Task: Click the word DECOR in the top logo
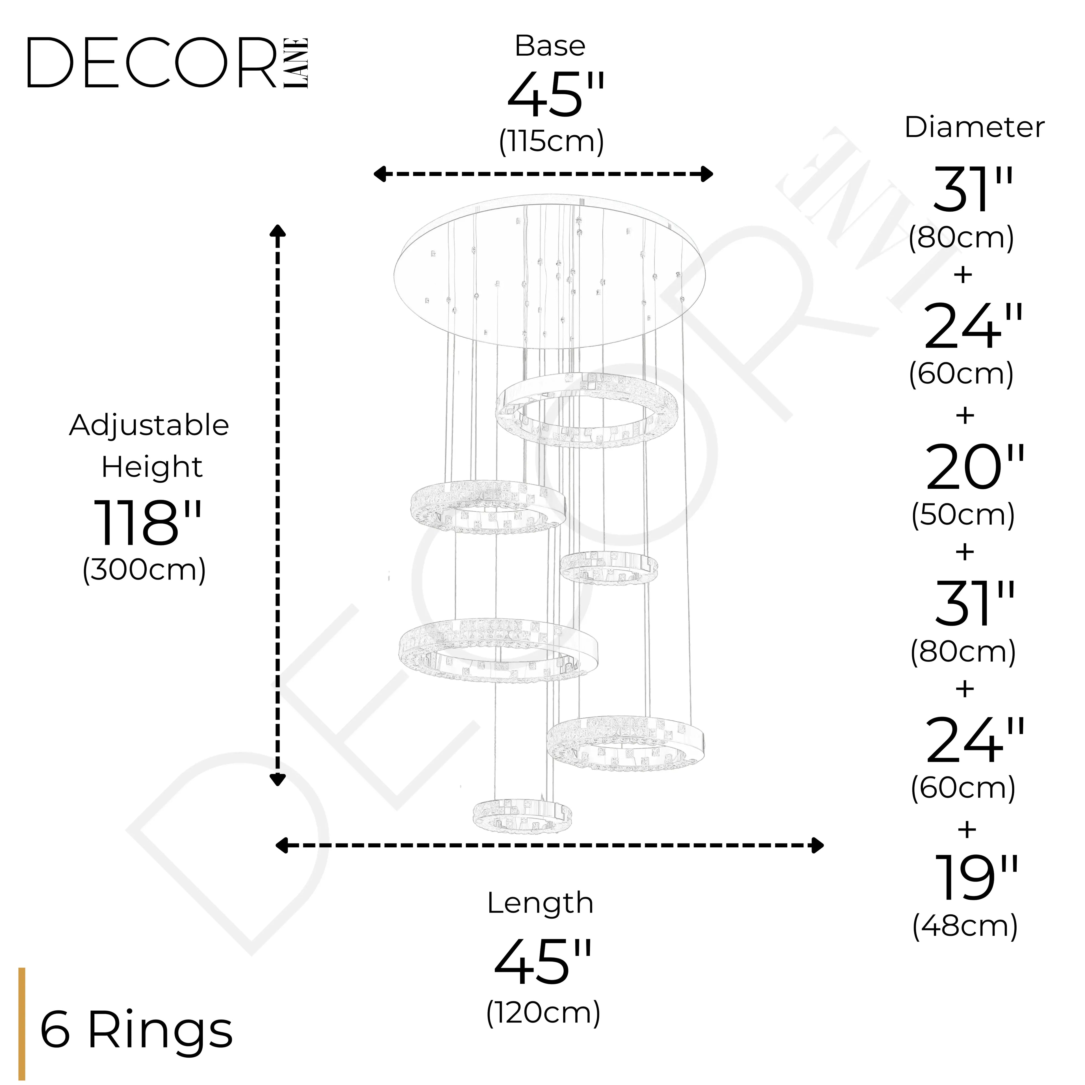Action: (x=152, y=63)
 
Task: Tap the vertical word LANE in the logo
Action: (x=296, y=63)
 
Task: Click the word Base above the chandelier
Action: (x=550, y=46)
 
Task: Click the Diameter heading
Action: (x=974, y=127)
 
